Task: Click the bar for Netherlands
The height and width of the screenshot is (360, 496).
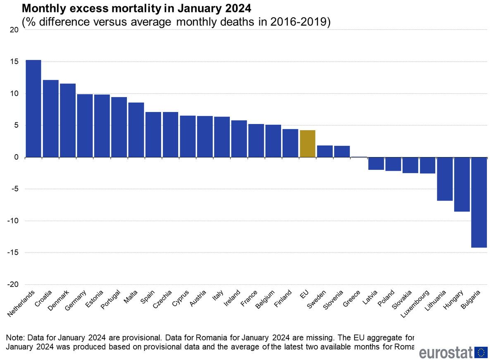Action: pos(33,109)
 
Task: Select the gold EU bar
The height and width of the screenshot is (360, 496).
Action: pos(308,144)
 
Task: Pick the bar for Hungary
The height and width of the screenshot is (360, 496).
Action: pos(462,184)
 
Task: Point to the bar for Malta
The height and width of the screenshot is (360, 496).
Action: pos(136,130)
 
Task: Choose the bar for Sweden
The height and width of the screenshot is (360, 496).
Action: pos(325,151)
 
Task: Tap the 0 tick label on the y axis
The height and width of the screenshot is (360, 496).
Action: pos(16,157)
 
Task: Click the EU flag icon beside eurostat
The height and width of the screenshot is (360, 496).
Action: pos(481,353)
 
